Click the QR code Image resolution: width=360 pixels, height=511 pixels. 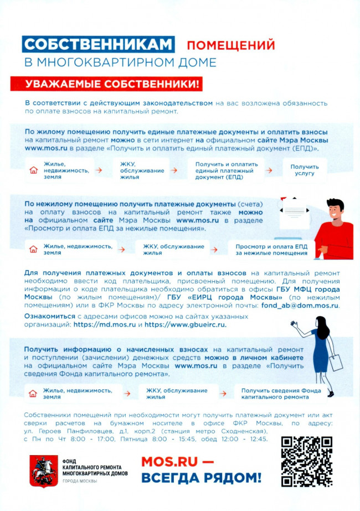[x=306, y=461]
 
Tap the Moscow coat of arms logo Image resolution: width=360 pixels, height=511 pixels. [x=39, y=469]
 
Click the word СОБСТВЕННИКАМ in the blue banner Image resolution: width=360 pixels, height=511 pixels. [x=99, y=44]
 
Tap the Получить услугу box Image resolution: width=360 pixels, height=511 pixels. [x=305, y=169]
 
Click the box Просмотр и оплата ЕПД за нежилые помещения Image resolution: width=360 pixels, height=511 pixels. [x=271, y=250]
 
